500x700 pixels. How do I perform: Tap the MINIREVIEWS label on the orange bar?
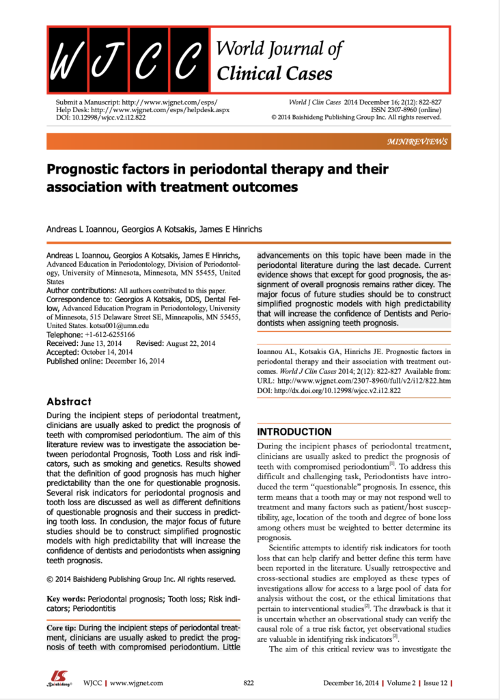[417, 142]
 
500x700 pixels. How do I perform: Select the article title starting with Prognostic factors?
[217, 177]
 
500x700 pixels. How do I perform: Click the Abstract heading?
[68, 401]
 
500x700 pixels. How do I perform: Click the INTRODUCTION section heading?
[294, 432]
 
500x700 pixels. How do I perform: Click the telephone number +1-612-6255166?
[110, 335]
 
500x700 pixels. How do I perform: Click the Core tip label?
[66, 628]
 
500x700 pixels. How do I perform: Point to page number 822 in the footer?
[249, 683]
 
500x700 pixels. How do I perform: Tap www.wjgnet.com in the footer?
[136, 683]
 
